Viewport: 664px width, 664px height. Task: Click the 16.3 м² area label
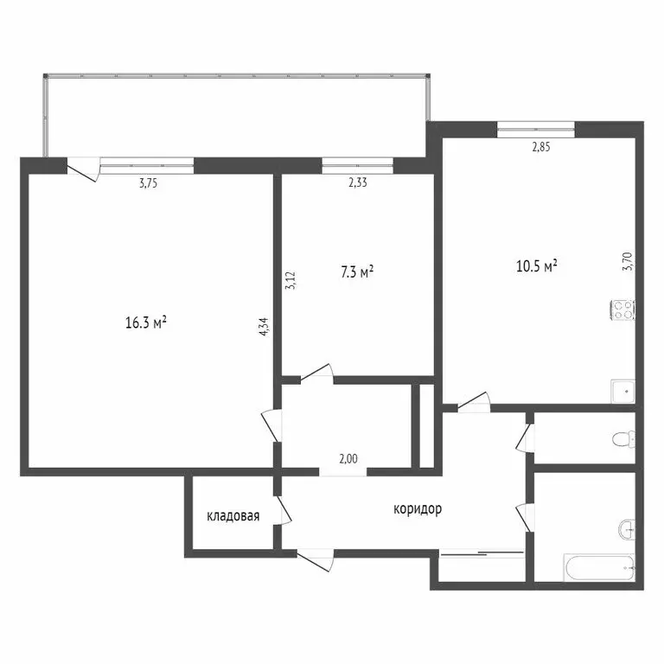pyautogui.click(x=145, y=323)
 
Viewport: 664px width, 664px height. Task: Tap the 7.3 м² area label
pyautogui.click(x=356, y=273)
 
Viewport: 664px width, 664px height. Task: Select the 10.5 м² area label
pyautogui.click(x=536, y=266)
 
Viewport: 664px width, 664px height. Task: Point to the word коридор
pyautogui.click(x=418, y=509)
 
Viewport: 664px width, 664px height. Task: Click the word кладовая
pyautogui.click(x=233, y=517)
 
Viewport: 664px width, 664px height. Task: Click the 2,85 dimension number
pyautogui.click(x=540, y=147)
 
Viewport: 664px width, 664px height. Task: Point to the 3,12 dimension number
pyautogui.click(x=290, y=280)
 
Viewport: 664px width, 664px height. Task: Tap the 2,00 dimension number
pyautogui.click(x=348, y=459)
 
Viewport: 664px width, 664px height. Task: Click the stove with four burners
pyautogui.click(x=622, y=309)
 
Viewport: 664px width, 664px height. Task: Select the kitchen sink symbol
pyautogui.click(x=622, y=392)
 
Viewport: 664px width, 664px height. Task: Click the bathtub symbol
pyautogui.click(x=598, y=568)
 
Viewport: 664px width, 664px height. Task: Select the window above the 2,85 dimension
pyautogui.click(x=536, y=130)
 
